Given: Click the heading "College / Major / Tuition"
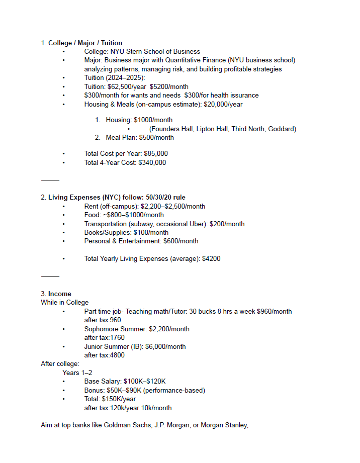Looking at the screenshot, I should coord(85,43).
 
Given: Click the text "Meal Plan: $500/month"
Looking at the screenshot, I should coord(140,137).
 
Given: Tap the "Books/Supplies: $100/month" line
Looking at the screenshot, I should coord(126,232).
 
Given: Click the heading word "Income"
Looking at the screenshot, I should coord(60,294).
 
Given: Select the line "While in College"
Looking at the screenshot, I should coord(64,302).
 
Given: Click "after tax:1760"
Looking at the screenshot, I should coord(104,337).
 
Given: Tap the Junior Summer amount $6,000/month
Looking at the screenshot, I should coord(165,346).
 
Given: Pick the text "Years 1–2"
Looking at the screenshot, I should coord(77,373).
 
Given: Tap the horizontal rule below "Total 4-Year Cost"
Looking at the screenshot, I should coord(50,180).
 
